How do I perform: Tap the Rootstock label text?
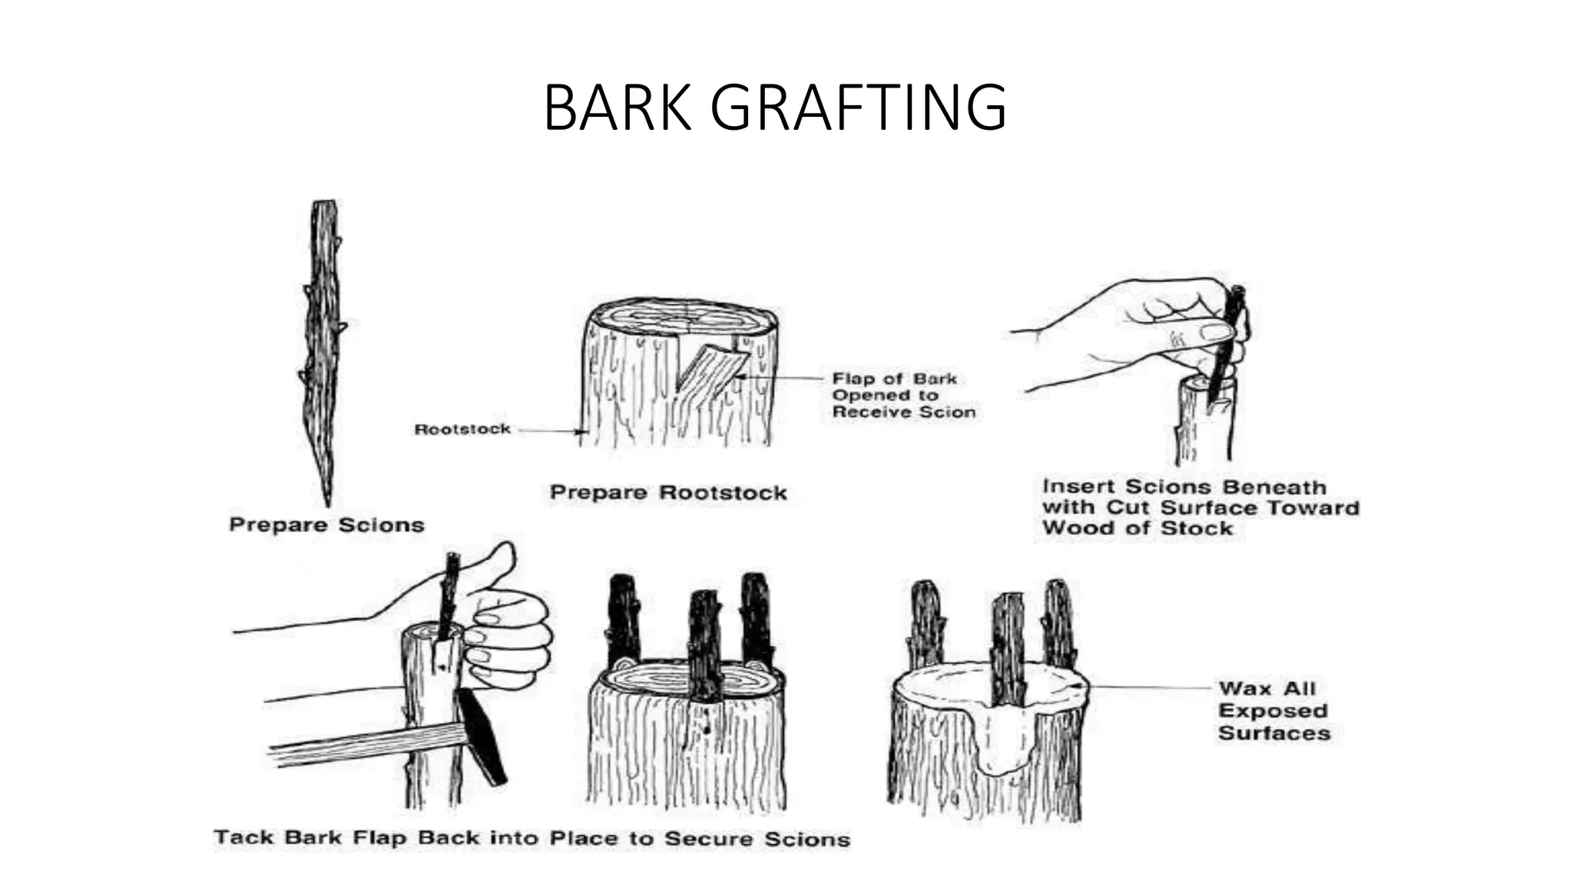pos(462,429)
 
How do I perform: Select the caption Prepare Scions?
pos(326,525)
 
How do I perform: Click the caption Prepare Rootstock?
pos(668,492)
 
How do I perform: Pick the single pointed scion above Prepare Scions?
pos(323,346)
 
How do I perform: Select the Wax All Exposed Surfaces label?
pos(1273,711)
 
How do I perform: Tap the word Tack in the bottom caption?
pos(238,837)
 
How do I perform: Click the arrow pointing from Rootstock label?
pos(549,431)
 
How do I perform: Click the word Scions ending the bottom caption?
pos(806,839)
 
